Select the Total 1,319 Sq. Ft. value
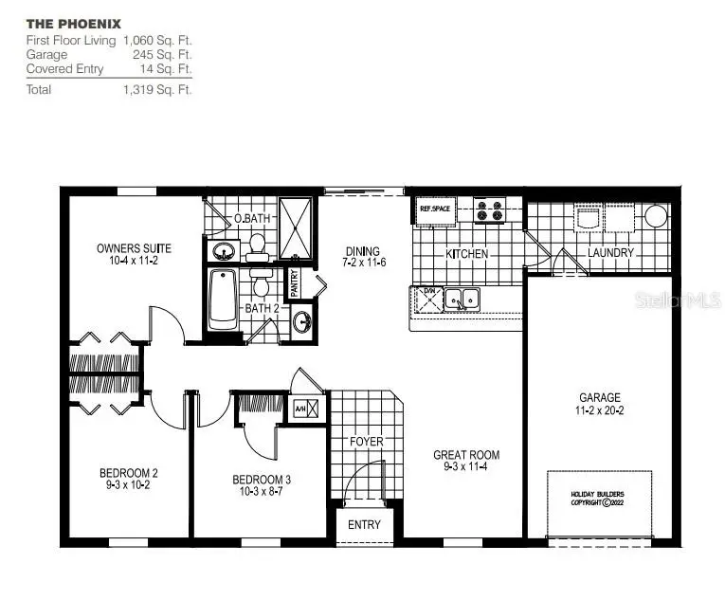click(156, 90)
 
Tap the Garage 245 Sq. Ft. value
click(170, 55)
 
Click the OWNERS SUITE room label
click(133, 249)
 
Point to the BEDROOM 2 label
click(128, 474)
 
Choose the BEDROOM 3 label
click(262, 480)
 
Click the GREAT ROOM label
click(465, 455)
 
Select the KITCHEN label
click(467, 254)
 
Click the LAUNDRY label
click(610, 253)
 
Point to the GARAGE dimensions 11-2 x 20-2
click(600, 411)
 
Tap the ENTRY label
click(364, 524)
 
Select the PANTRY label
click(295, 281)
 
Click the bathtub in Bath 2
click(222, 299)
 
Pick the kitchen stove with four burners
click(489, 209)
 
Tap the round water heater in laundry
click(656, 216)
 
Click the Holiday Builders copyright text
click(597, 499)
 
